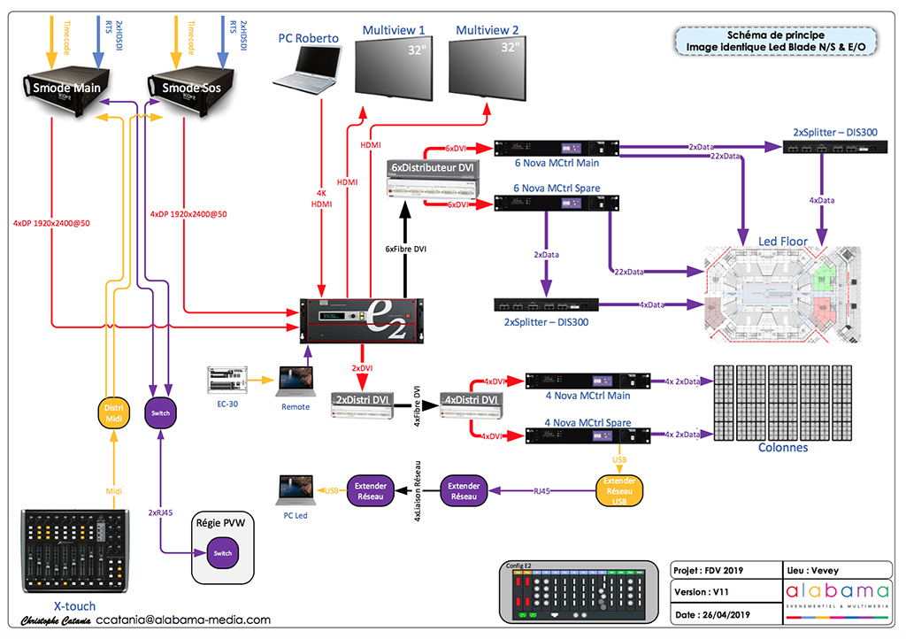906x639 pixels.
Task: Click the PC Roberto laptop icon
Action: [307, 69]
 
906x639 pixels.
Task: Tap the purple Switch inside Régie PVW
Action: [222, 553]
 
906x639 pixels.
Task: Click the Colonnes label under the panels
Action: [782, 447]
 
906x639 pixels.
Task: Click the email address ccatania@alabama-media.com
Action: [183, 620]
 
